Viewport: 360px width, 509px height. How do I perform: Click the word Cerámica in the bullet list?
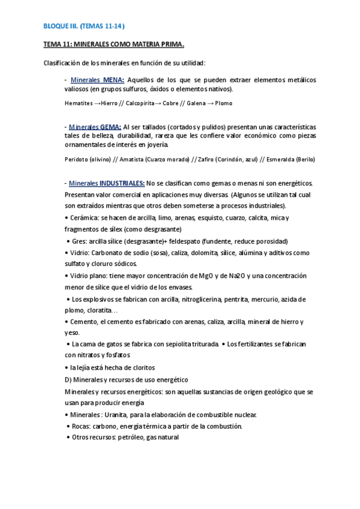[x=85, y=218]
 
